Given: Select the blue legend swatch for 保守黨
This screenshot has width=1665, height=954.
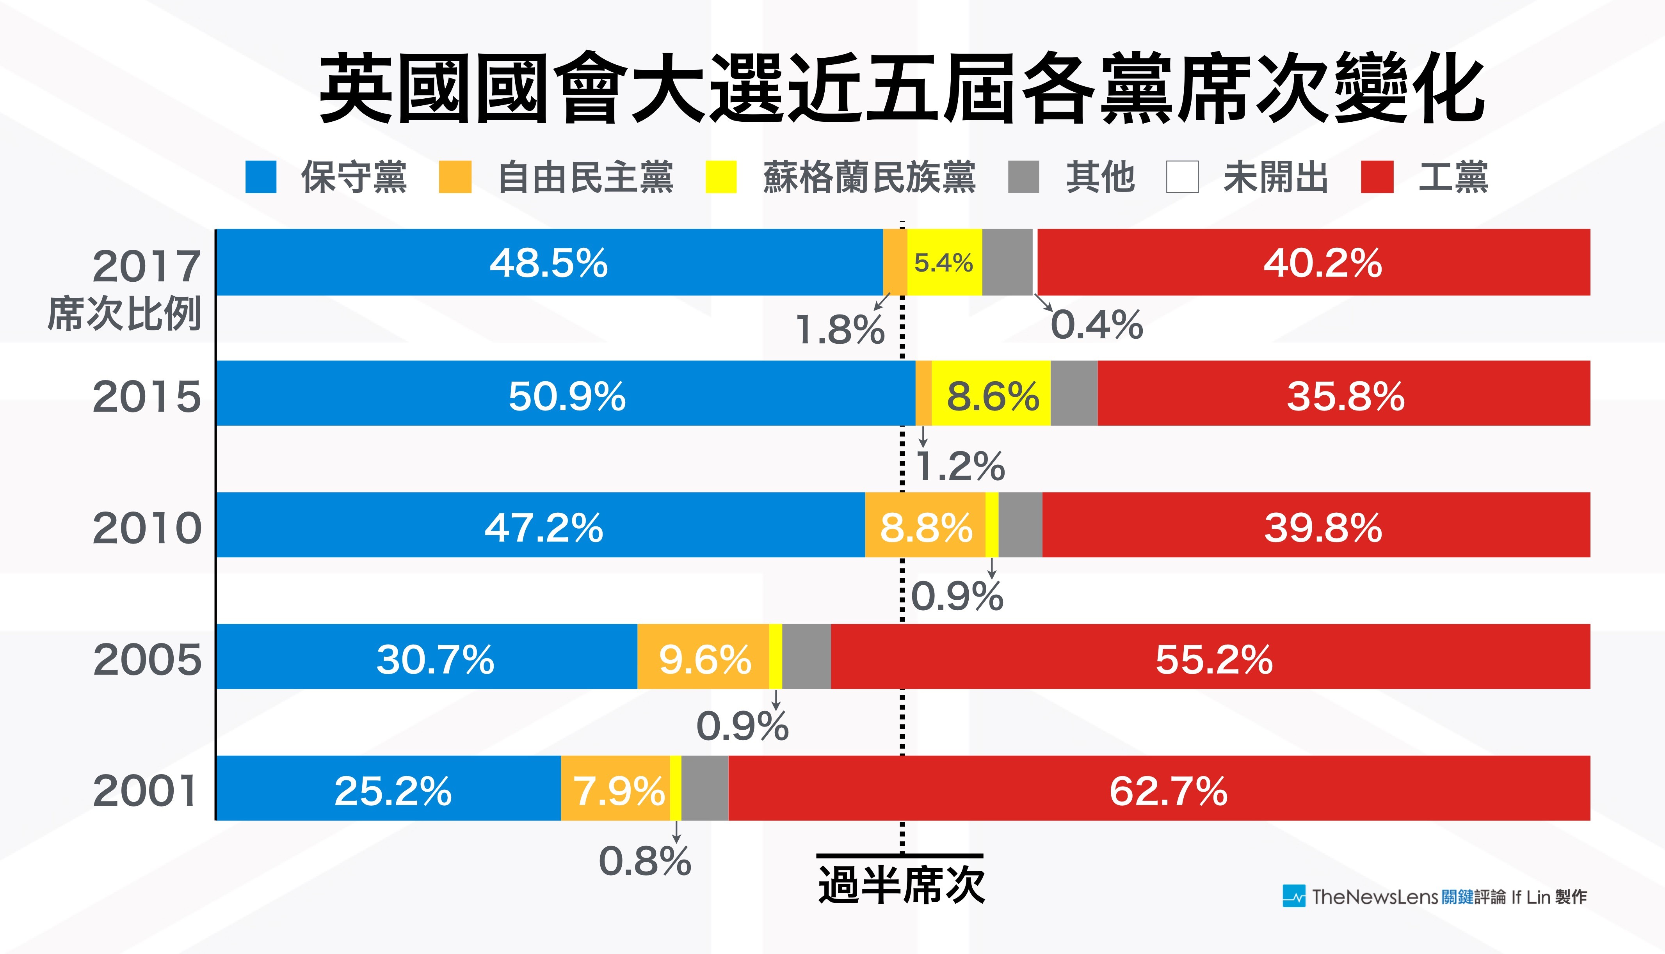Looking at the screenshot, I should coord(261,177).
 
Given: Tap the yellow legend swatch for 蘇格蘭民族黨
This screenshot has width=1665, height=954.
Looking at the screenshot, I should coord(721,177).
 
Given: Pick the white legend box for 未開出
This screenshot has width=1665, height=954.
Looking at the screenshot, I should coord(1182,177).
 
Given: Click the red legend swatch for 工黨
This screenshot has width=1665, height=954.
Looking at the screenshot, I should coord(1377,177).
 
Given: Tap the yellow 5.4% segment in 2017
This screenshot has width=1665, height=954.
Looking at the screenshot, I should coord(944,263).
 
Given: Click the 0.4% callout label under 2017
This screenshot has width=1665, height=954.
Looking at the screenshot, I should coord(1096,325).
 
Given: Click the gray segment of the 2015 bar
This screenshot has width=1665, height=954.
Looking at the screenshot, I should coord(1074,393).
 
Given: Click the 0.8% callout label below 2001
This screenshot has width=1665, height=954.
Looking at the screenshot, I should coord(645,861).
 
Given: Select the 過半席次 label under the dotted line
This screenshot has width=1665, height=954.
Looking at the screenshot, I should coord(901,885).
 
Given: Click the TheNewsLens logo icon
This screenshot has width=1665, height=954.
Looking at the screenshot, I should coord(1293,896).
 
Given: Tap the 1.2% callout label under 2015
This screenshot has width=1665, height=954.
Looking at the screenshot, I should coord(960,466).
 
